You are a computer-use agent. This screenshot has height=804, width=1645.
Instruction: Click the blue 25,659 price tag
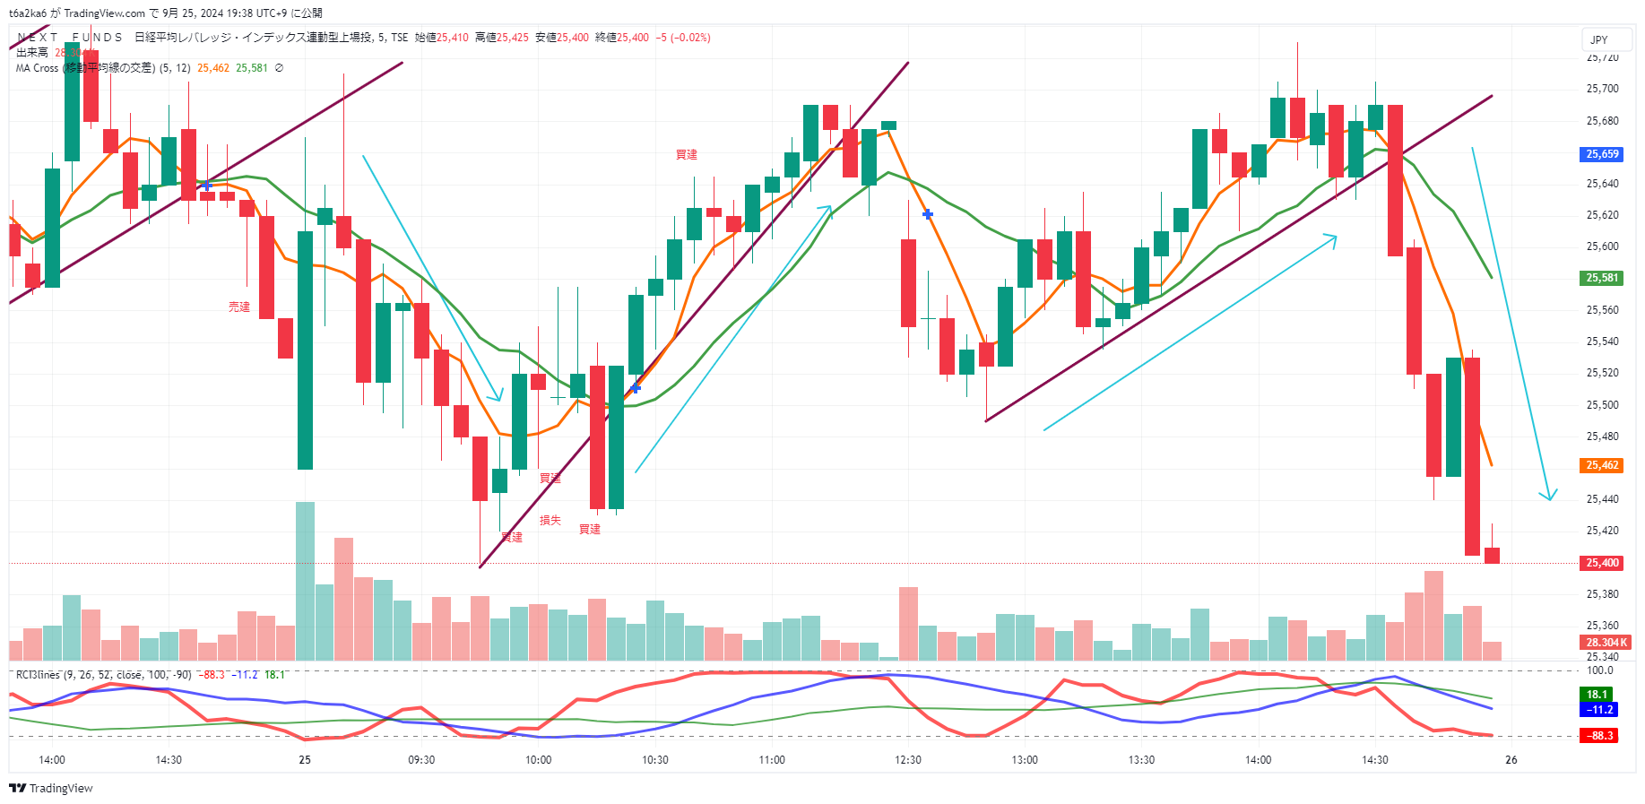click(x=1602, y=154)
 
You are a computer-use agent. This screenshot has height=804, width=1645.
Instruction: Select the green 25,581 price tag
click(x=1602, y=278)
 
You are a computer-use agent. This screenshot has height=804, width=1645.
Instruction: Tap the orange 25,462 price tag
click(x=1602, y=465)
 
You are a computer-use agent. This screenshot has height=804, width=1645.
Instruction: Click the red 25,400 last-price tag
click(x=1602, y=563)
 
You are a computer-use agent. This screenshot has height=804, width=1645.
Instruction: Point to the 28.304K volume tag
click(x=1606, y=642)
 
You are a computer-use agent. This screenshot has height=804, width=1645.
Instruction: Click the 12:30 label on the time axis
click(x=908, y=760)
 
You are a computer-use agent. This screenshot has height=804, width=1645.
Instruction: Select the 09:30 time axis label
click(x=421, y=760)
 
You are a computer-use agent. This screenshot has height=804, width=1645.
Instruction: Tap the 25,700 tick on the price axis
click(x=1602, y=89)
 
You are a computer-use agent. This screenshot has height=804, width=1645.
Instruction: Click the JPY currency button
click(x=1599, y=39)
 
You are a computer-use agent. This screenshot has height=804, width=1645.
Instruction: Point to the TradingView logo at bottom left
click(x=51, y=788)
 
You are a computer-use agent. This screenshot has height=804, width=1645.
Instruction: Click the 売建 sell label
click(x=239, y=307)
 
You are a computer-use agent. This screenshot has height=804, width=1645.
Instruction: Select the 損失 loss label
click(x=550, y=520)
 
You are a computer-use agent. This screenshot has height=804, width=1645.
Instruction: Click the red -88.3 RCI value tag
click(x=1601, y=736)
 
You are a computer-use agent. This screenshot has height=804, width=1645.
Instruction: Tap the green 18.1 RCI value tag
click(x=1597, y=695)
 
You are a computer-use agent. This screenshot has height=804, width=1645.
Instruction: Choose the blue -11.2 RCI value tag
click(x=1599, y=710)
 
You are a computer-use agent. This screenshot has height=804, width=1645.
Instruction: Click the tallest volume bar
click(x=305, y=581)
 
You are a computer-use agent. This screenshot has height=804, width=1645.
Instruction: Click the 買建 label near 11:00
click(x=687, y=155)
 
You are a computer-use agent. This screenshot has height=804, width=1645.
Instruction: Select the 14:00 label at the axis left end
click(x=52, y=760)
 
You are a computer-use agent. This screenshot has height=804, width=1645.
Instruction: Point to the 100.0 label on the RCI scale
click(x=1599, y=670)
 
